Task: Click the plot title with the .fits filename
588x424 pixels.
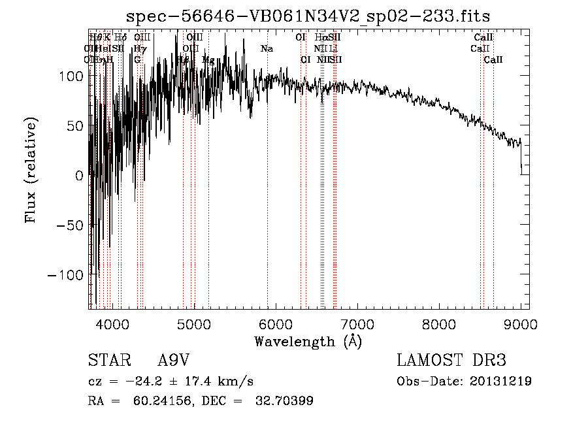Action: point(308,16)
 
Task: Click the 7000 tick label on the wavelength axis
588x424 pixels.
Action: point(357,323)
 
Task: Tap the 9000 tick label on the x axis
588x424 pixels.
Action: point(521,323)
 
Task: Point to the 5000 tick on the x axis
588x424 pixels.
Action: point(193,323)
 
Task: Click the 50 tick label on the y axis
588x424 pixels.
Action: point(74,125)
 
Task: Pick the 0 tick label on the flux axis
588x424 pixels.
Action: point(79,175)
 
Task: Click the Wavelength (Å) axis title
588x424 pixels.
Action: point(308,341)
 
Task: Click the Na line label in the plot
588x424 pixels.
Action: point(267,48)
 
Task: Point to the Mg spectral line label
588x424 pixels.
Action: point(208,59)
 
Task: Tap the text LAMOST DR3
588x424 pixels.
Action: point(451,361)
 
